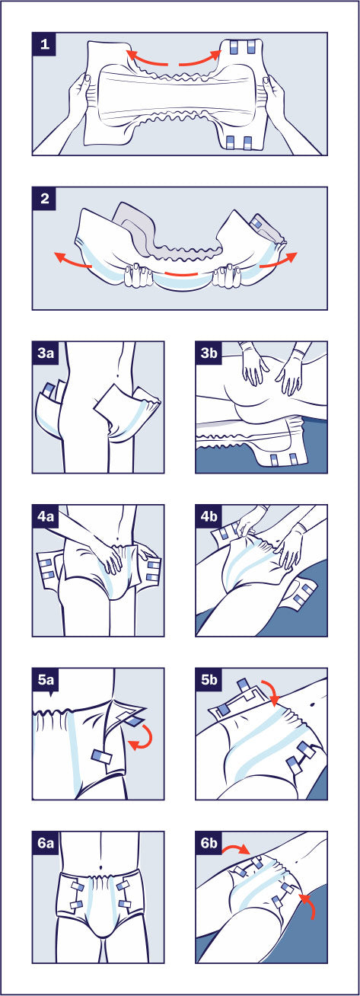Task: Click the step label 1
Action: pos(44,44)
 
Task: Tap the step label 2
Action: pos(44,198)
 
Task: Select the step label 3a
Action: pos(46,353)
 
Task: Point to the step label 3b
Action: pos(209,353)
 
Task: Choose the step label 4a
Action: pos(46,516)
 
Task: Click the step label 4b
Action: pos(209,516)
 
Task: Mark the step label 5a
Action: pos(46,680)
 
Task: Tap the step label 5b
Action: pos(209,679)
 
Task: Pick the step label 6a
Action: pos(46,843)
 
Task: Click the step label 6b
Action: pos(209,843)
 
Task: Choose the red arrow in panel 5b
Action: pos(272,690)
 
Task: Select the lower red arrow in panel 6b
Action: pos(311,893)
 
